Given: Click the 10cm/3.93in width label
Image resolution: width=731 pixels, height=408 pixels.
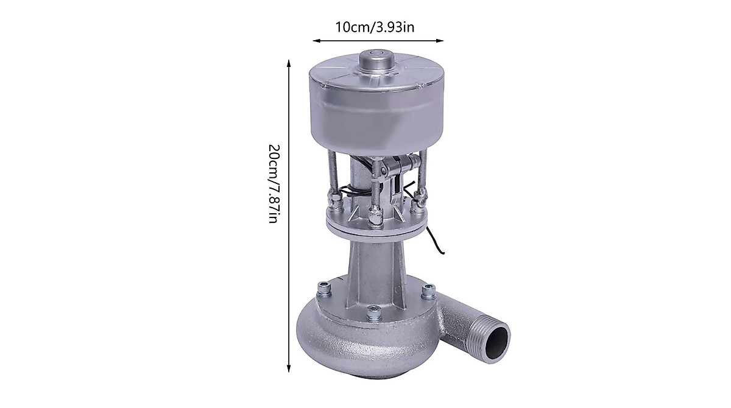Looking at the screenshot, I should [375, 27].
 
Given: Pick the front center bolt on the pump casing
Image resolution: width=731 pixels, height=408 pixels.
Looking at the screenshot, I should [375, 313].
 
